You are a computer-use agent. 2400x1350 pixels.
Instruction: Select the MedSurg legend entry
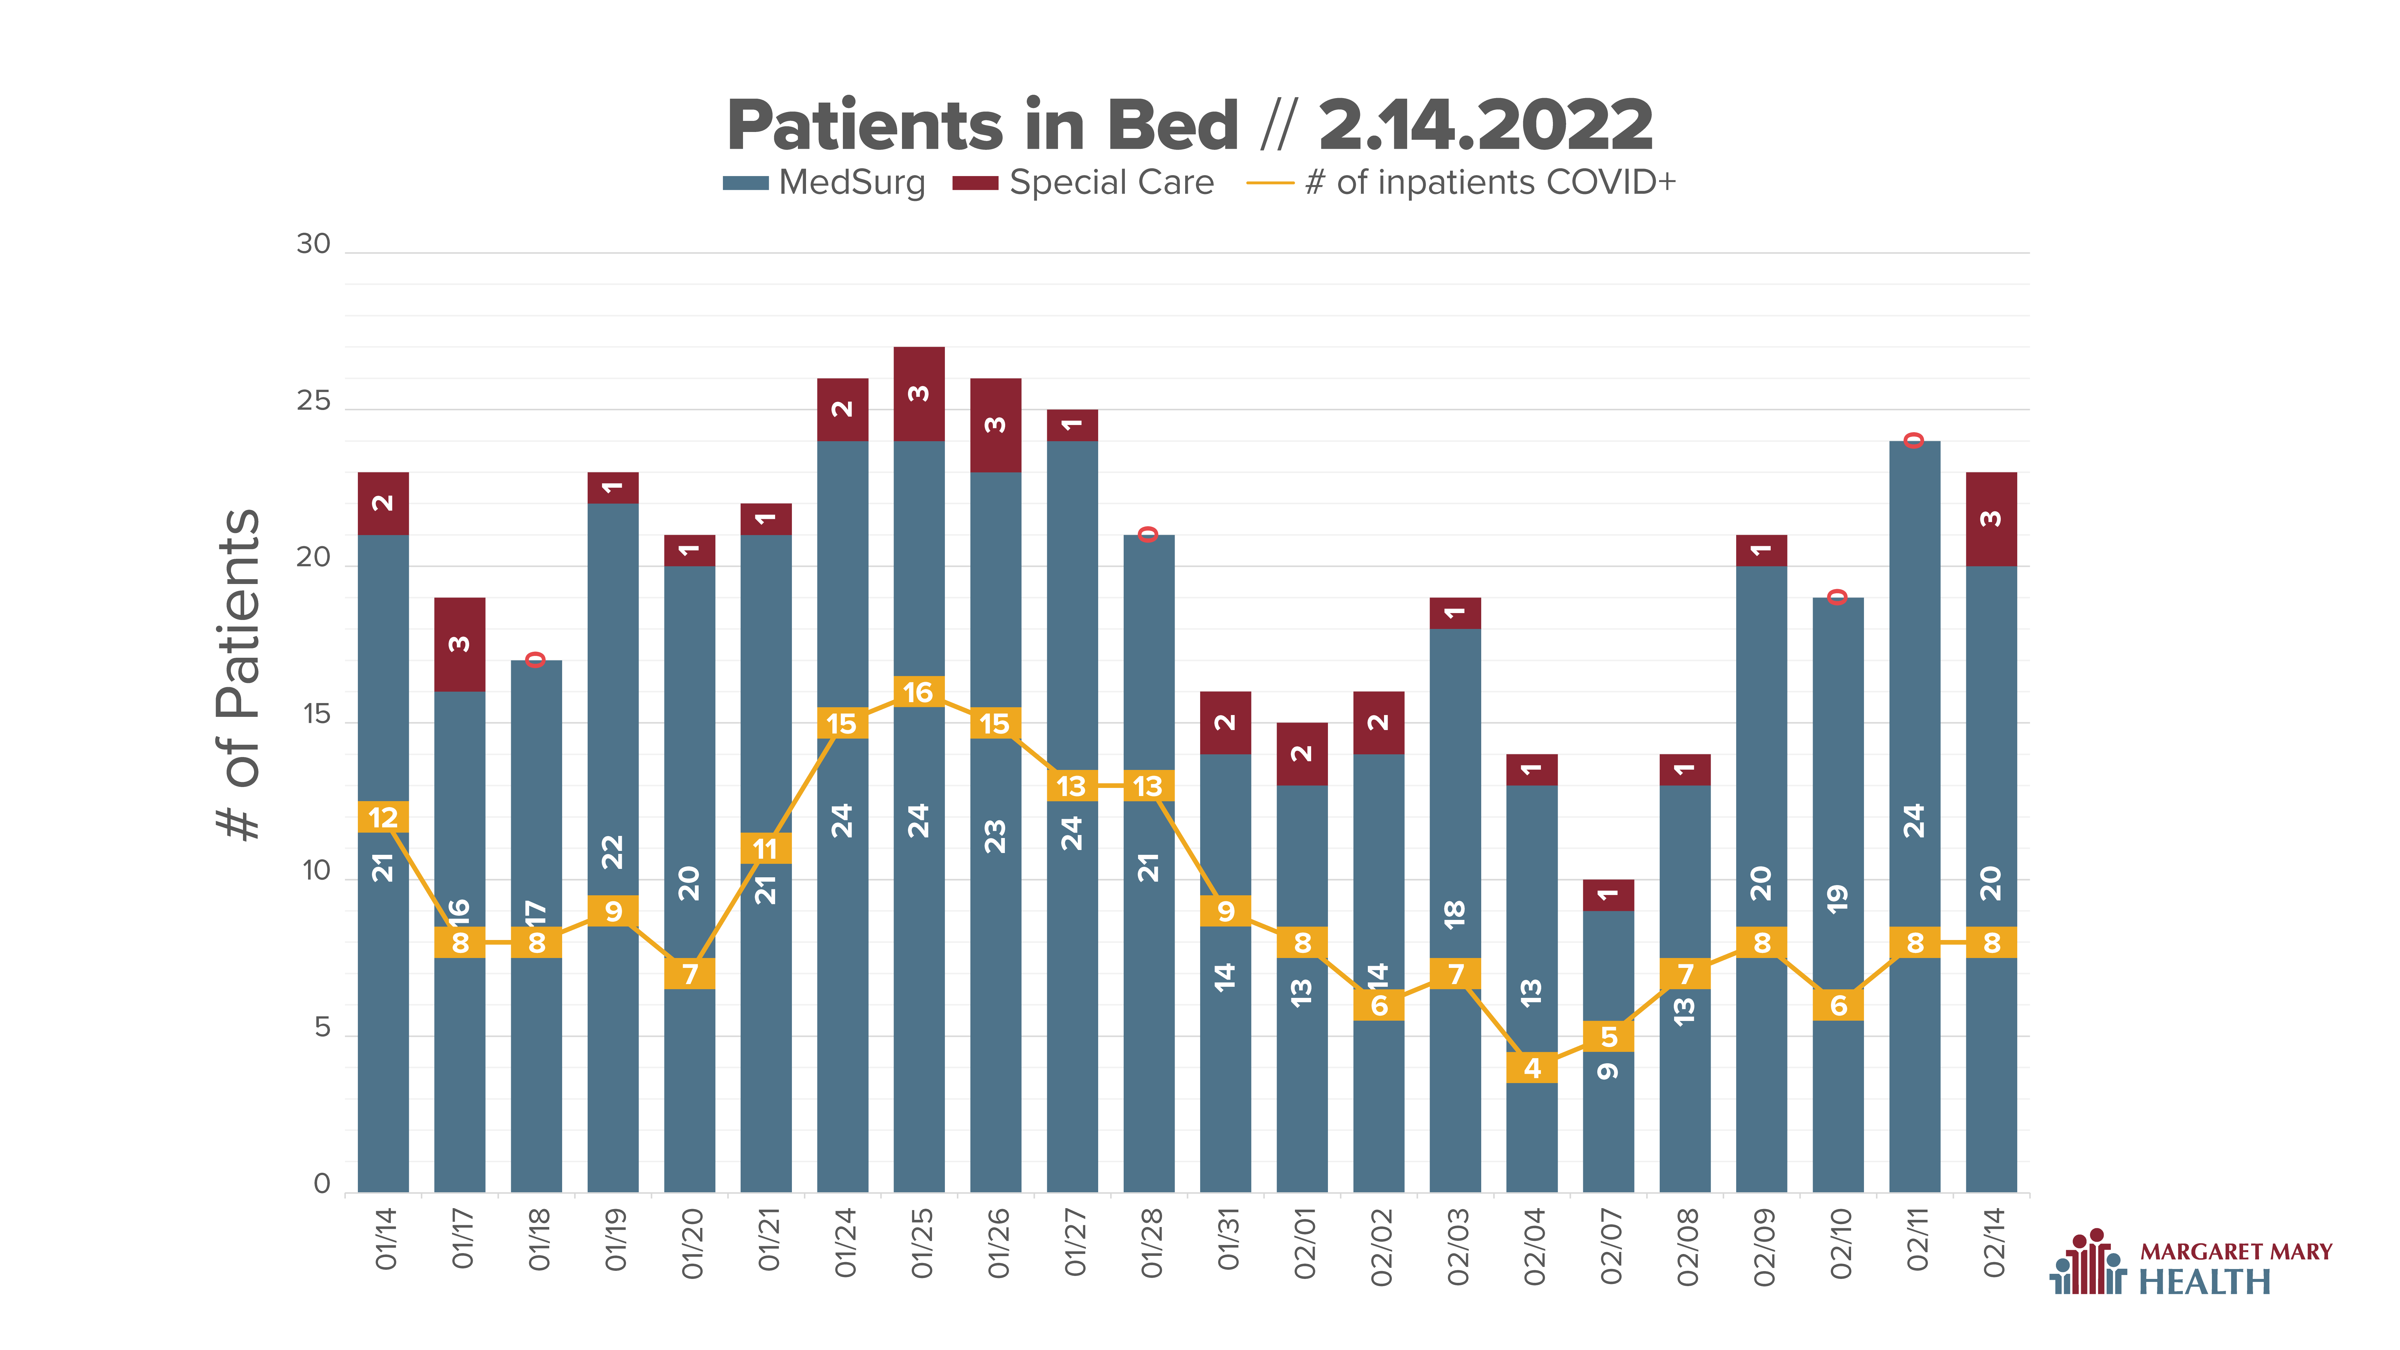pyautogui.click(x=825, y=183)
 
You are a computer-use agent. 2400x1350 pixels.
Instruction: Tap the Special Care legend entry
pyautogui.click(x=1083, y=183)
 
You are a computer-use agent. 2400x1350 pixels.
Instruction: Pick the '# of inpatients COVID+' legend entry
pyautogui.click(x=1461, y=183)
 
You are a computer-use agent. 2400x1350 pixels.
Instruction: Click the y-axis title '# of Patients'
pyautogui.click(x=238, y=675)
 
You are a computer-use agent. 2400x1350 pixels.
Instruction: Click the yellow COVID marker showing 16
pyautogui.click(x=918, y=691)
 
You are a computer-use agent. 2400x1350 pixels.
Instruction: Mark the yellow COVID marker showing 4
pyautogui.click(x=1532, y=1068)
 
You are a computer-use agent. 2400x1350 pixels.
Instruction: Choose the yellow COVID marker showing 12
pyautogui.click(x=383, y=817)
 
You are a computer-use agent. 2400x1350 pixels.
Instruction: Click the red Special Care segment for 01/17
pyautogui.click(x=459, y=644)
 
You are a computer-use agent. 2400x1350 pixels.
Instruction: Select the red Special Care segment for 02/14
pyautogui.click(x=1991, y=519)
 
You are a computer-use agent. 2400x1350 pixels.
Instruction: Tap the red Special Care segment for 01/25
pyautogui.click(x=918, y=393)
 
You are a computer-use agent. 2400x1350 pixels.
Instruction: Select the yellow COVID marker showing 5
pyautogui.click(x=1608, y=1036)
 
